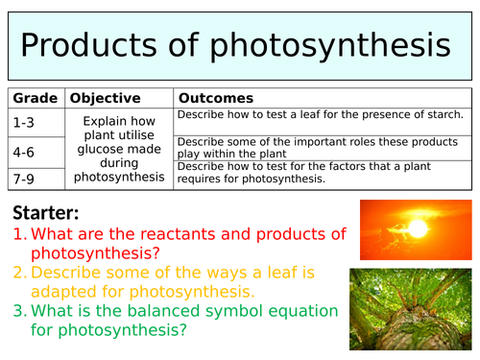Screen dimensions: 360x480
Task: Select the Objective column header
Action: point(106,98)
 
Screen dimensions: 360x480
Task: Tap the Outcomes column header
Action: point(216,98)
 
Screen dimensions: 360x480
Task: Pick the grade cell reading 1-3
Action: point(25,122)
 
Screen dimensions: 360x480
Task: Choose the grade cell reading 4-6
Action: point(25,151)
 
